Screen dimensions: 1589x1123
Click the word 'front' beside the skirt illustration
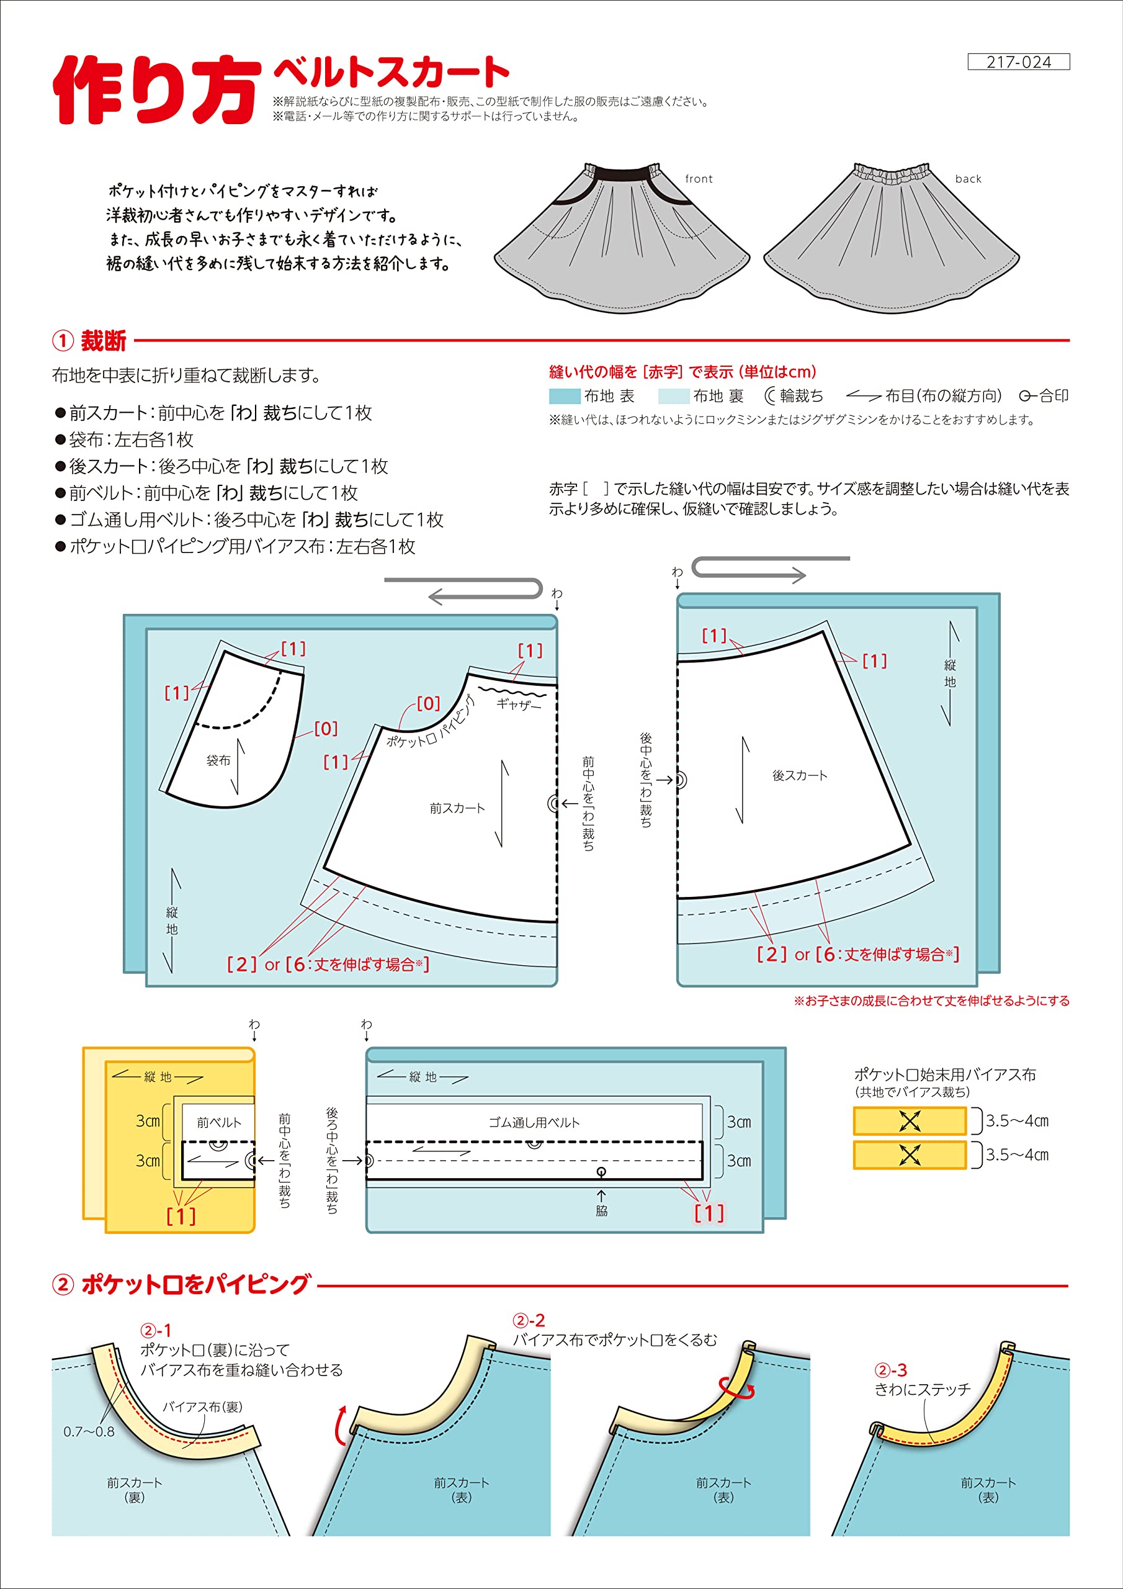pyautogui.click(x=698, y=179)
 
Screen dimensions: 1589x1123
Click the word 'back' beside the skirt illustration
pyautogui.click(x=968, y=179)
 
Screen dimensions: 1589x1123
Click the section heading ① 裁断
pyautogui.click(x=90, y=341)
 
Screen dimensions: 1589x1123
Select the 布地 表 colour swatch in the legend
pyautogui.click(x=564, y=396)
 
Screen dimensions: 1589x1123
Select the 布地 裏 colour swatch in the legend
pyautogui.click(x=673, y=396)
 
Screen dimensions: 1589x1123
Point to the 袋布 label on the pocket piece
pyautogui.click(x=218, y=760)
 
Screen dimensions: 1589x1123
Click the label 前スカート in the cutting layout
pyautogui.click(x=457, y=808)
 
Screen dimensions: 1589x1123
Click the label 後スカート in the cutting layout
pyautogui.click(x=799, y=775)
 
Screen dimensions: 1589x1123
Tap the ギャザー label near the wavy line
pyautogui.click(x=518, y=704)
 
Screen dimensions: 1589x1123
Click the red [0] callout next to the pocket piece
pyautogui.click(x=326, y=728)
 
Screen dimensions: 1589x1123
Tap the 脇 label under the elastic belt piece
pyautogui.click(x=601, y=1210)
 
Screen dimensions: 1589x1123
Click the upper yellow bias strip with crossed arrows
pyautogui.click(x=909, y=1120)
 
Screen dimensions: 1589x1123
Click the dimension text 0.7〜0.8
pyautogui.click(x=89, y=1431)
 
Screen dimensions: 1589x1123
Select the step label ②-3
pyautogui.click(x=890, y=1371)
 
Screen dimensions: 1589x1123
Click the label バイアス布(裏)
pyautogui.click(x=202, y=1407)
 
